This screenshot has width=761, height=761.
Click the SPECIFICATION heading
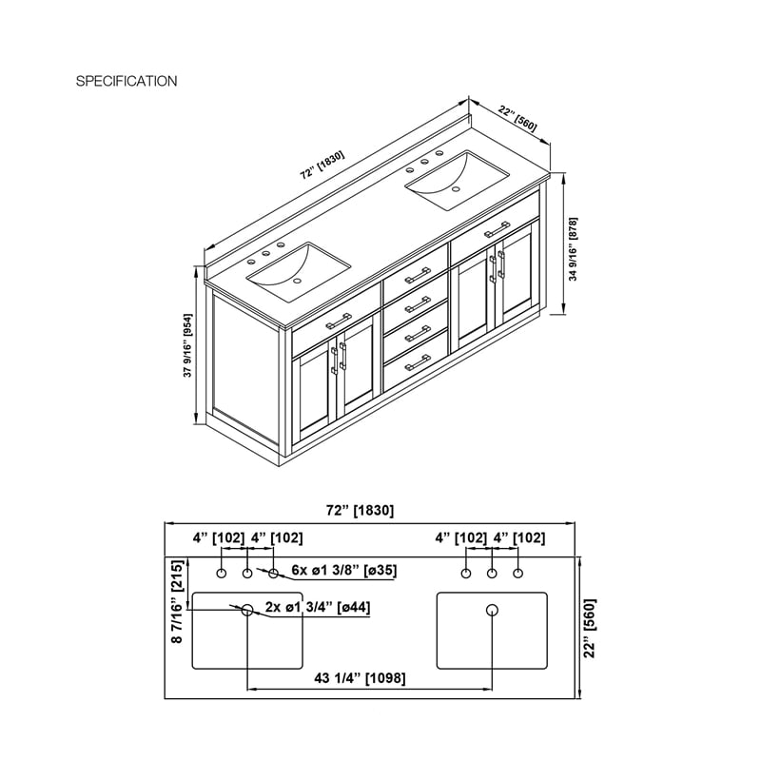[x=127, y=81]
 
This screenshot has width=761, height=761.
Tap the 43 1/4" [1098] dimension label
[x=360, y=677]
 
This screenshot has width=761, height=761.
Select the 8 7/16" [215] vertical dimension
[x=178, y=601]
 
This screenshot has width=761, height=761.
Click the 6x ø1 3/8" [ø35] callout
[x=344, y=570]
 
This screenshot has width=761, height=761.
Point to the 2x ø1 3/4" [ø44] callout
[x=318, y=607]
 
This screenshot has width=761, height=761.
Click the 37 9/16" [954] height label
[x=187, y=345]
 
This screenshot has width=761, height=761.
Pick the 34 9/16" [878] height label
[x=574, y=248]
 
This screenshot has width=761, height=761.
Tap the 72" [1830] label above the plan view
[x=360, y=510]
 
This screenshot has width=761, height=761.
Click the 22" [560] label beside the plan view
[x=589, y=628]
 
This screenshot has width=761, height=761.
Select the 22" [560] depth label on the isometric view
[x=517, y=119]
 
